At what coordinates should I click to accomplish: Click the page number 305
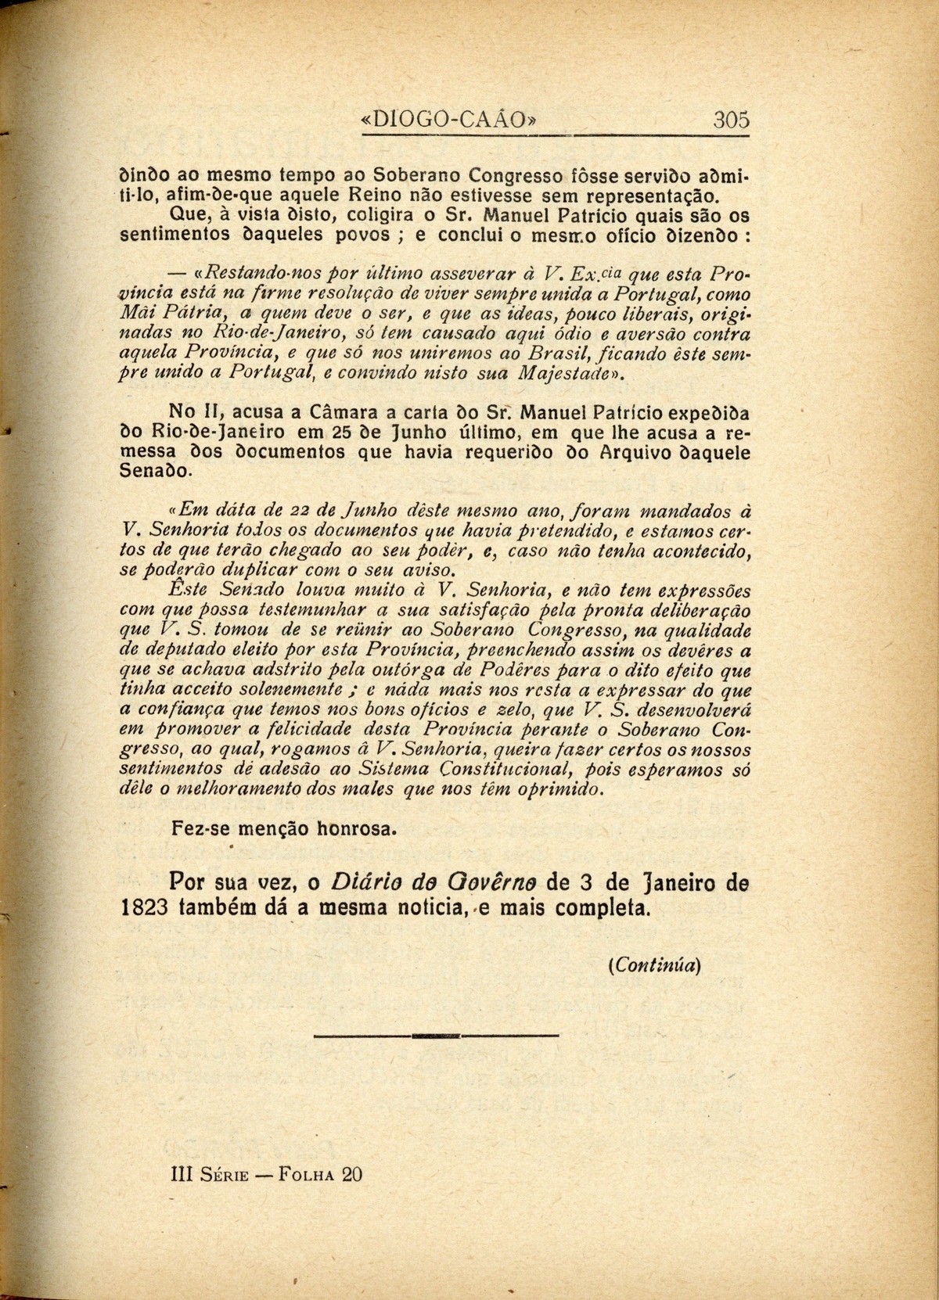(731, 120)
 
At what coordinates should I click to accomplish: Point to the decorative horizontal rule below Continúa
(436, 1036)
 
